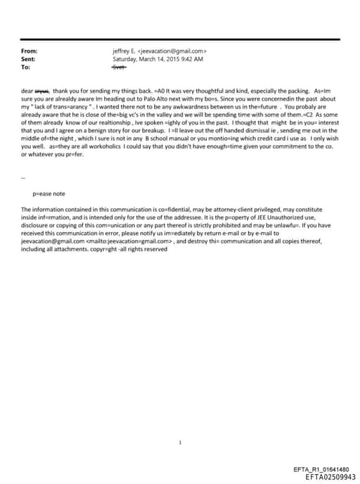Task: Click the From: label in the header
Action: point(30,51)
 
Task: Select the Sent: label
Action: point(29,60)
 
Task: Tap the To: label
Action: point(26,68)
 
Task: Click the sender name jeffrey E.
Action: point(124,51)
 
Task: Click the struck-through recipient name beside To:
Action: point(118,68)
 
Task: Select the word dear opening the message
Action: point(27,91)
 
